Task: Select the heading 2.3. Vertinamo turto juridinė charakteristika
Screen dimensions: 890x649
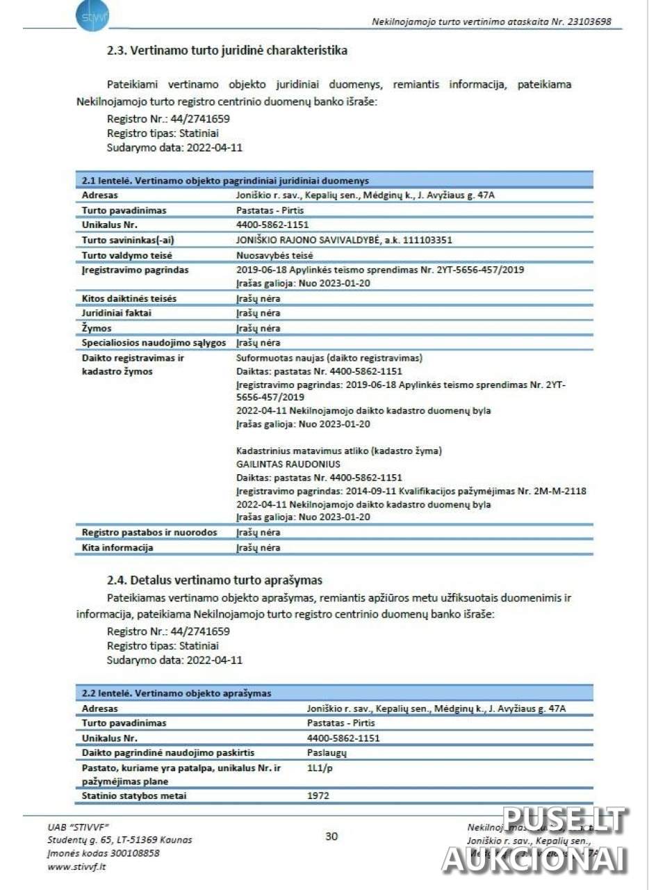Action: click(x=227, y=51)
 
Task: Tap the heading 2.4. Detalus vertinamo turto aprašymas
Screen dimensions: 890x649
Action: click(x=215, y=580)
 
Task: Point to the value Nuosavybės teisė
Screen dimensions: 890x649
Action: click(x=275, y=255)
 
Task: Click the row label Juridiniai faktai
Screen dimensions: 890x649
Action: click(x=117, y=313)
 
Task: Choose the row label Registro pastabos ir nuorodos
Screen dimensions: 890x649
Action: click(x=149, y=533)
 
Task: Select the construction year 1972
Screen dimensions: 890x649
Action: click(x=318, y=795)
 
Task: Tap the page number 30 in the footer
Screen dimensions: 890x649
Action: click(x=331, y=836)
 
